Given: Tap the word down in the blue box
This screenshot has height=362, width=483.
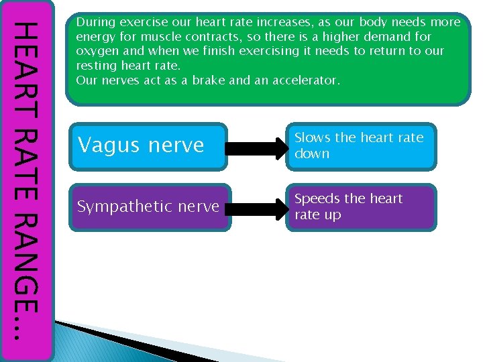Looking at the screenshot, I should coord(312,154).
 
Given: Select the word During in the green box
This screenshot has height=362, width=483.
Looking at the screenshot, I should coord(93,22).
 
